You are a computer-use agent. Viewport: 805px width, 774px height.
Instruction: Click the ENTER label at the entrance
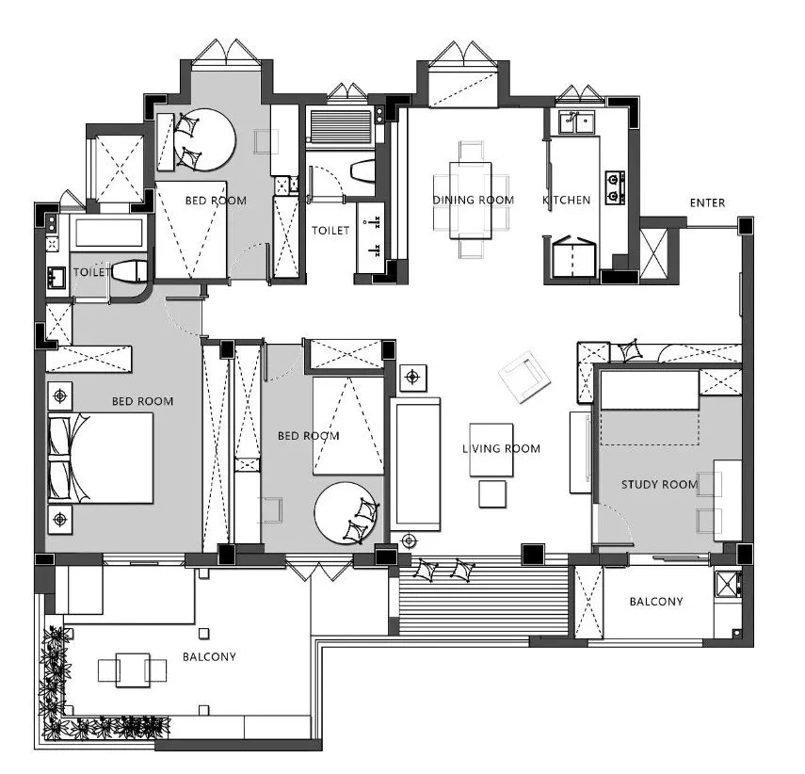pos(707,202)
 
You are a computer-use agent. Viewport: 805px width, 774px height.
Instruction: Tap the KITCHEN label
pos(566,200)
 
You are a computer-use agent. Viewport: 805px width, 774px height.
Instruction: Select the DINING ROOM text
pos(473,200)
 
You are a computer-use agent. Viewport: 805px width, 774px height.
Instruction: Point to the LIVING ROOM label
pos(501,448)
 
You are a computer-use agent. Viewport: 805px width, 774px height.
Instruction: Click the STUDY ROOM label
pos(659,484)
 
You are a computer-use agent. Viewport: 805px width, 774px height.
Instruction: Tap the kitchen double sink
pos(576,122)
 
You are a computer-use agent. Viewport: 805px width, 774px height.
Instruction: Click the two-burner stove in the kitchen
pos(615,187)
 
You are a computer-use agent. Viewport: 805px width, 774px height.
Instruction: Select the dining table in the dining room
pos(470,201)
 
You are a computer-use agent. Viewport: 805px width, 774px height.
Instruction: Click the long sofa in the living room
pos(415,464)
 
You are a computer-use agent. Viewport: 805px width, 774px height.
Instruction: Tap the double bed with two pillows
pos(101,458)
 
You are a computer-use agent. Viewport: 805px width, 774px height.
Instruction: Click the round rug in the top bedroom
pos(204,139)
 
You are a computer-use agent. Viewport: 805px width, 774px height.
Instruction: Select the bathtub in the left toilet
pos(108,233)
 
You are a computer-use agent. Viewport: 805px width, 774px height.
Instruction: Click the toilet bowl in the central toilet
pos(363,171)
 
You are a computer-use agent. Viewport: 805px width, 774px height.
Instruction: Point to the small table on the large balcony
pos(133,669)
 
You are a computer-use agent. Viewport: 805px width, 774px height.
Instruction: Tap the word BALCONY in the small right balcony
pos(656,602)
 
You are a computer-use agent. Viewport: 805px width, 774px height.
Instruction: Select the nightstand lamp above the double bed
pos(60,396)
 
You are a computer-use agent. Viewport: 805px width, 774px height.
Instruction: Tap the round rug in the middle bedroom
pos(346,513)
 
